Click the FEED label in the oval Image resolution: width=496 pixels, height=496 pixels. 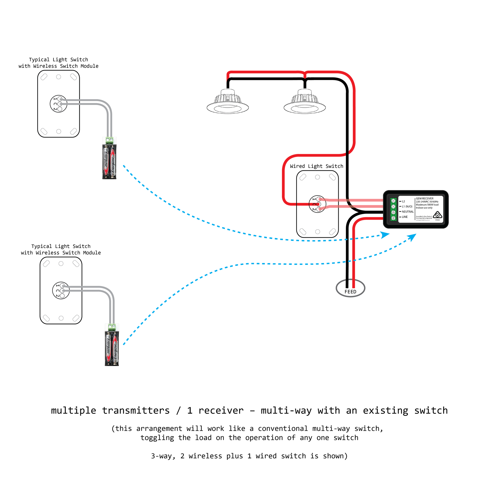350,292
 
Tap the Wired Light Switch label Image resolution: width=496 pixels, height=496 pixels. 317,166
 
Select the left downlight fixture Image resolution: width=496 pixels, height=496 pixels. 227,102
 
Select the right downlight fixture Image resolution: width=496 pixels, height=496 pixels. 305,102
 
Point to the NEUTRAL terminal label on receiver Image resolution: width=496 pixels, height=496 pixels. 408,212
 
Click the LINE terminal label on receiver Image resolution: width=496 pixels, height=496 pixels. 405,217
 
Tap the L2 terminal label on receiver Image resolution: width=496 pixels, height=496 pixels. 403,201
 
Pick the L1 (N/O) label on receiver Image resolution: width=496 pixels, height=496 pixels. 407,206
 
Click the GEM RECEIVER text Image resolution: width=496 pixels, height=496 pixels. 425,199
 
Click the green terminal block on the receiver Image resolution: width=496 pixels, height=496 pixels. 393,209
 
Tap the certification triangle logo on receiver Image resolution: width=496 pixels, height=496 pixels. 437,215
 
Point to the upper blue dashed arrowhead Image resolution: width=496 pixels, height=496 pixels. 385,235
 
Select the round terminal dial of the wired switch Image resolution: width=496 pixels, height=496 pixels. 317,204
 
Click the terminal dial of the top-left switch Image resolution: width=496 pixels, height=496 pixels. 59,104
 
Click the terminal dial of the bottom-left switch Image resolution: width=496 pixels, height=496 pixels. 61,290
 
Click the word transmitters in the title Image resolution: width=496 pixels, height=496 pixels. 136,411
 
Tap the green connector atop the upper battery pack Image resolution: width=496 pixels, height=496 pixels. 109,140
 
